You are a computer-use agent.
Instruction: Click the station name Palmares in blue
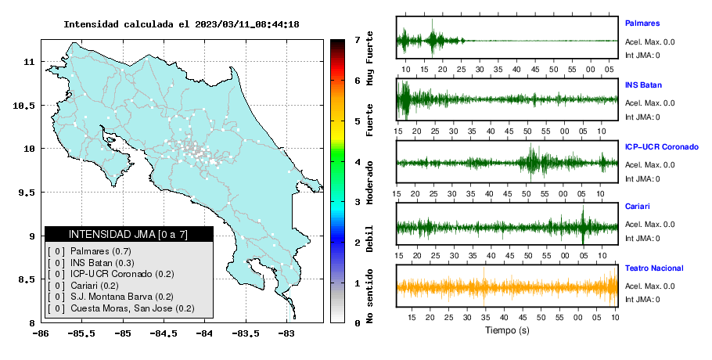coord(642,23)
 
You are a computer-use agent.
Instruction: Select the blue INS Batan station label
coord(643,85)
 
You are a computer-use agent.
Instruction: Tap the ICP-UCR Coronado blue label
coord(662,146)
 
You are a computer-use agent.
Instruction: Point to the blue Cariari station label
coord(637,206)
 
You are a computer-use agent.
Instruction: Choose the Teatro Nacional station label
coord(654,268)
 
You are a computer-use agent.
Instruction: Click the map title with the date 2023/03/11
coord(182,24)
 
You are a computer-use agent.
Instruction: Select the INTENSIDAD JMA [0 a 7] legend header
coord(128,234)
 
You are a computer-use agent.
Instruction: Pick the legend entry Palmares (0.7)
coord(101,251)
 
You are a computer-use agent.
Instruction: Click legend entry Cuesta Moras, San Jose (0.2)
coord(132,308)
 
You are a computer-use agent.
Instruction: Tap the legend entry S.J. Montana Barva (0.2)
coord(122,297)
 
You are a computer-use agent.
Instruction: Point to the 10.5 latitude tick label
coord(23,106)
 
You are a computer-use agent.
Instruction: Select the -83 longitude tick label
coord(286,334)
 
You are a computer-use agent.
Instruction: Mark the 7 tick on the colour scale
coord(358,40)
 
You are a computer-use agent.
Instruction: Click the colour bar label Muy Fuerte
coord(369,58)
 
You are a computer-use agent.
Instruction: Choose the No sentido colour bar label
coord(369,296)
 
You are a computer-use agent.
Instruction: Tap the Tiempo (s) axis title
coord(507,330)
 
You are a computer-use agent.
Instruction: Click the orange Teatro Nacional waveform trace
coord(507,287)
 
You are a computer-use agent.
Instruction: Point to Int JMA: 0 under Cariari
coord(642,239)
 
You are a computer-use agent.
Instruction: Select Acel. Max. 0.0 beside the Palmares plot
coord(649,41)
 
